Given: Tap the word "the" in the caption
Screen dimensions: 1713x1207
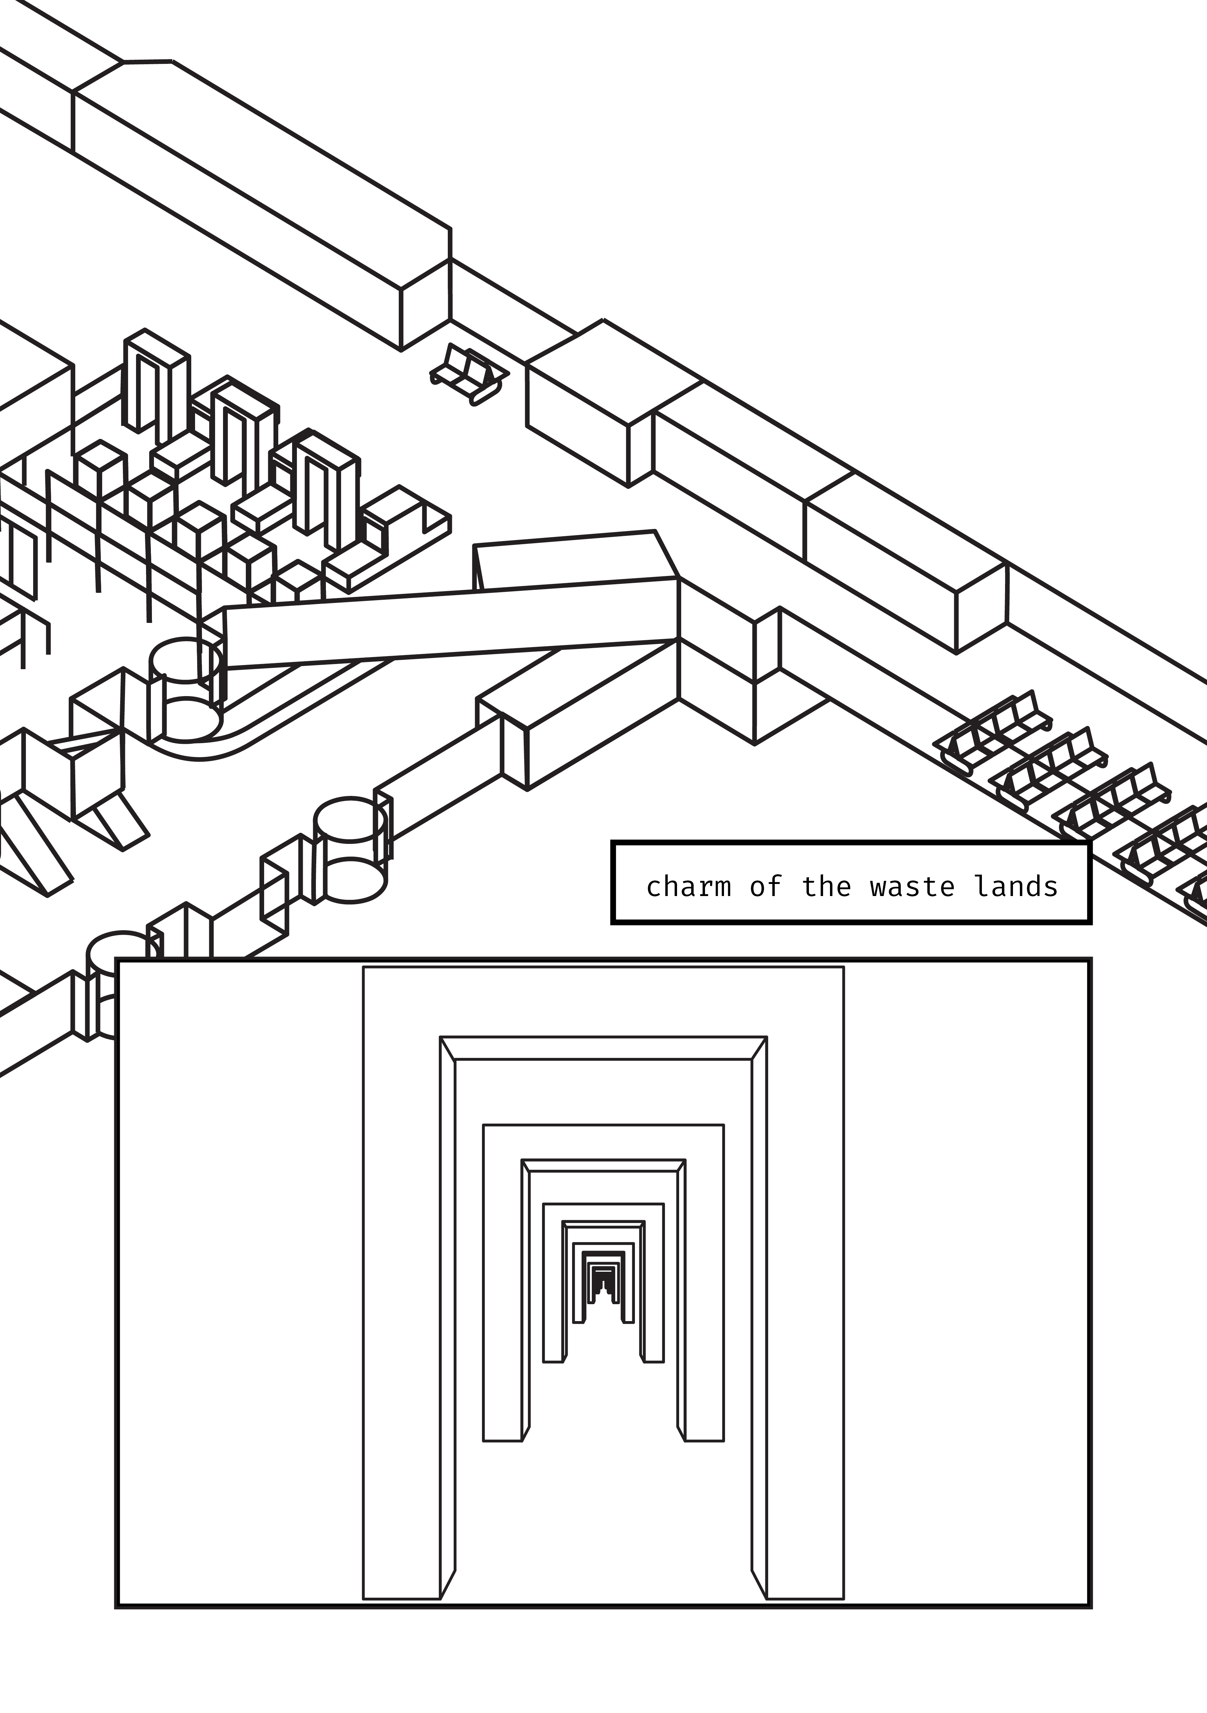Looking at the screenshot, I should pyautogui.click(x=826, y=887).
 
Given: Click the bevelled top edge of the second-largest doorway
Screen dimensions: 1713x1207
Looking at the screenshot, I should pyautogui.click(x=603, y=1048).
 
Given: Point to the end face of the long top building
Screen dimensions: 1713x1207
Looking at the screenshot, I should pyautogui.click(x=425, y=306).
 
